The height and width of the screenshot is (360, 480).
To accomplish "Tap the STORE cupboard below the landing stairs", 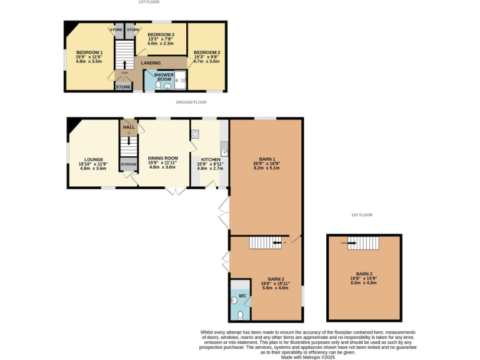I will pos(123,87).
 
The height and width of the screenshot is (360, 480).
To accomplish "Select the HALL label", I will pos(128,127).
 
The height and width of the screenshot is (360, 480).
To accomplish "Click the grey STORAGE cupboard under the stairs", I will pos(129,164).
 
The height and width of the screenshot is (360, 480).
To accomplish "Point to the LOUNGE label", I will pos(91,159).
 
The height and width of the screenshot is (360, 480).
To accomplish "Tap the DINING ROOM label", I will pos(163,158).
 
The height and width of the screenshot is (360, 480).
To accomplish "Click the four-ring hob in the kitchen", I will pos(195,134).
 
